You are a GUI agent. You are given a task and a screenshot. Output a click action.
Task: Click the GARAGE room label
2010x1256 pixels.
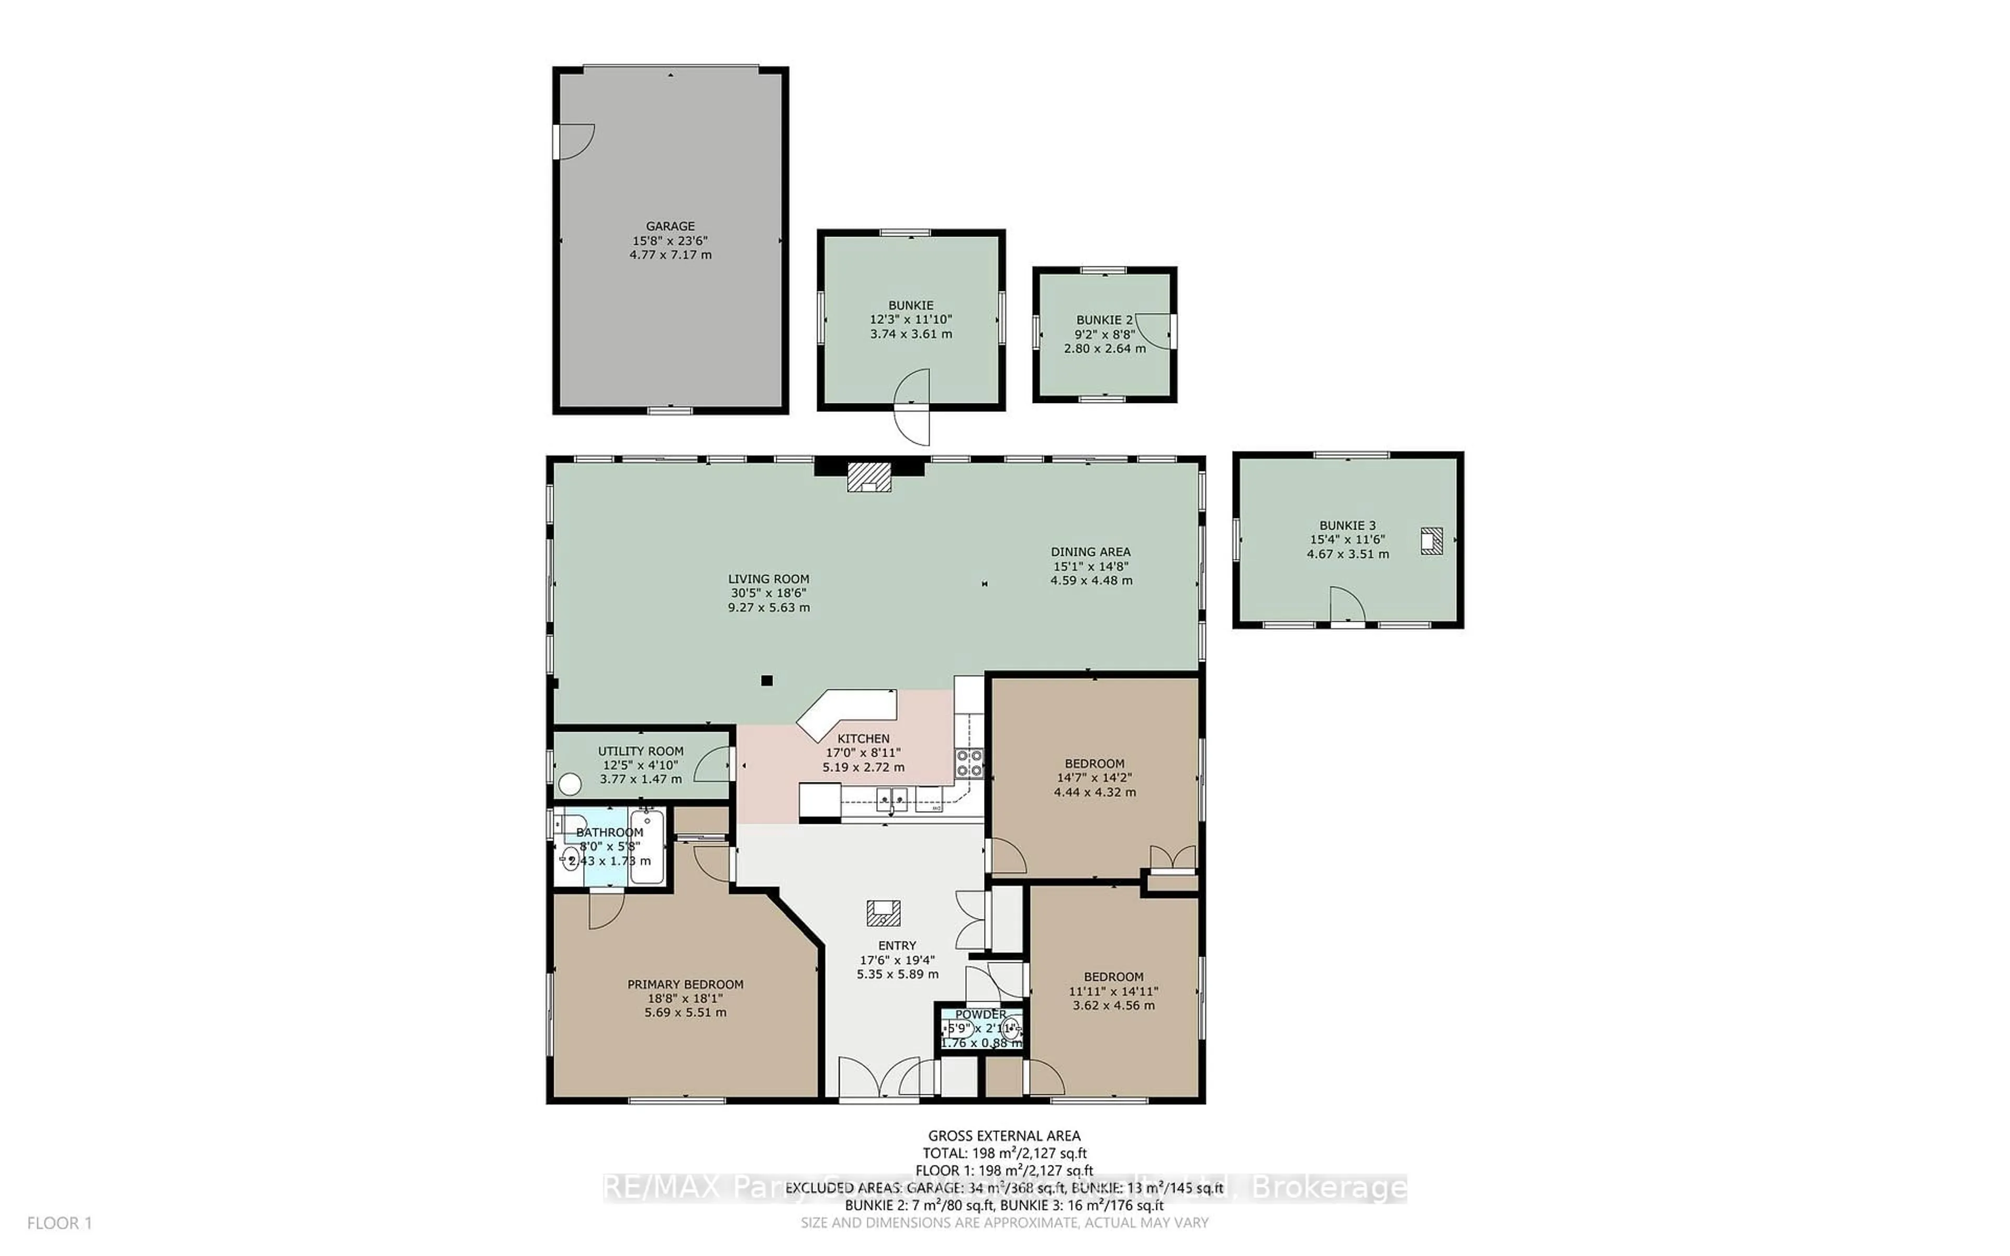pyautogui.click(x=671, y=226)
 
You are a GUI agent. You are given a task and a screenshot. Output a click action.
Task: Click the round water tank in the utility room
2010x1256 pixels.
pyautogui.click(x=570, y=783)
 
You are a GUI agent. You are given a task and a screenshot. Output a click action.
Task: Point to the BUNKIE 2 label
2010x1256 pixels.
pyautogui.click(x=1104, y=320)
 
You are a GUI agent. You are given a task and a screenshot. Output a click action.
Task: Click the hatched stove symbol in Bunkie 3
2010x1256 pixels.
pyautogui.click(x=1431, y=541)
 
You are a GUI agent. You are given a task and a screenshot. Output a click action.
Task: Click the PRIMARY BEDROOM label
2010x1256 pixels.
pyautogui.click(x=685, y=984)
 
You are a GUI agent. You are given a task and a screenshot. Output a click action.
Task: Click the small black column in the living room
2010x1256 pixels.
pyautogui.click(x=767, y=680)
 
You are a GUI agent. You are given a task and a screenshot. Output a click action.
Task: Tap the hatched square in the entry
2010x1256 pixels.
pyautogui.click(x=883, y=913)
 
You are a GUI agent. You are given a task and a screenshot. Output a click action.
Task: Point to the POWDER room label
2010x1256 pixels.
pyautogui.click(x=980, y=1014)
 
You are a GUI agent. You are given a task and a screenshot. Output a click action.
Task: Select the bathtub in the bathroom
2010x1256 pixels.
pyautogui.click(x=646, y=847)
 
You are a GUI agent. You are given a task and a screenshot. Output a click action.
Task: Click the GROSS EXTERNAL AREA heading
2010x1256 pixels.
pyautogui.click(x=1004, y=1136)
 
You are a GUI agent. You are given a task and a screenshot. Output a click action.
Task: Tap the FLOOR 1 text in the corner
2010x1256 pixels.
pyautogui.click(x=60, y=1223)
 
